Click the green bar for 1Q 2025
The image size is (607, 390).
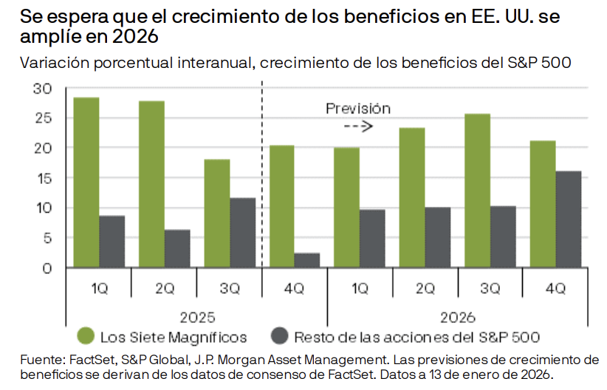point(86,182)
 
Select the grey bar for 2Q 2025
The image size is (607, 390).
point(177,249)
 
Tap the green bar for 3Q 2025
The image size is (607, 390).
point(217,213)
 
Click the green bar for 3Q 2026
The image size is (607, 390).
point(478,191)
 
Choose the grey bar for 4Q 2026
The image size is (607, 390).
point(569,219)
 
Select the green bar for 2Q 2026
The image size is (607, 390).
point(412,197)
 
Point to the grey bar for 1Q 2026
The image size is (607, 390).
point(373,239)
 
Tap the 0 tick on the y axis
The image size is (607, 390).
point(47,267)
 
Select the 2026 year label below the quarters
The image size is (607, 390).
point(458,318)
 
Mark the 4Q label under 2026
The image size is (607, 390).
point(555,289)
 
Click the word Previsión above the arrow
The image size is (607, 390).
point(358,109)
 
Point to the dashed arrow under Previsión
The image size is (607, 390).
point(358,126)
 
